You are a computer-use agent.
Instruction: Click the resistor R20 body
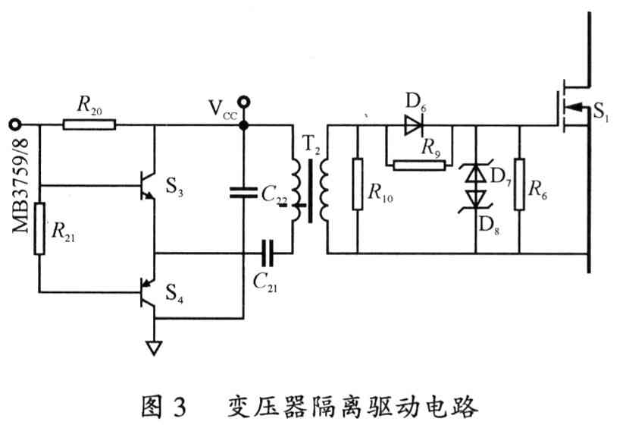pos(89,124)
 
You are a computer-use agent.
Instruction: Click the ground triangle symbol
pos(154,348)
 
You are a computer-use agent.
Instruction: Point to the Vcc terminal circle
pos(243,100)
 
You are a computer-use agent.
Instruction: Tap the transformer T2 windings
pos(308,190)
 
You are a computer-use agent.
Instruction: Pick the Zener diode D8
pos(475,199)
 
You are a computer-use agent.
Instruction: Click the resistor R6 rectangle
pos(521,185)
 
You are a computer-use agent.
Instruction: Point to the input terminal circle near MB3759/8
pos(12,124)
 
